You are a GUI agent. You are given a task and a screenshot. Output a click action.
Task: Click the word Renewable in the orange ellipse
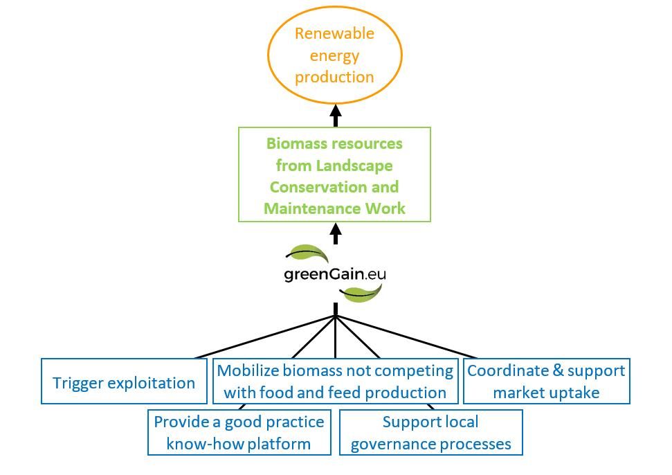(334, 33)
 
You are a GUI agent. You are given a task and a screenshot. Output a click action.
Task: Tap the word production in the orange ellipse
(334, 78)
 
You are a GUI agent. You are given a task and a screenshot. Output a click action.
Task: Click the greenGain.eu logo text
(335, 274)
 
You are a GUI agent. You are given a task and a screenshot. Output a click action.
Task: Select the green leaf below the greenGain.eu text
(361, 293)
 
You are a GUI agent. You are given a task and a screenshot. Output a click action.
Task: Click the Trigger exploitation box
(124, 381)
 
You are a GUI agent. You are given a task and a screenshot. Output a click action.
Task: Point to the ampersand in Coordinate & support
(558, 371)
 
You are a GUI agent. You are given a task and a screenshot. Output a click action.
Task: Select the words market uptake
(546, 393)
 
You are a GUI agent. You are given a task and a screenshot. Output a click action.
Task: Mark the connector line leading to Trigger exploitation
(265, 337)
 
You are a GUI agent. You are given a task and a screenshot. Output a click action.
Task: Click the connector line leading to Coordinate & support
(406, 337)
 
